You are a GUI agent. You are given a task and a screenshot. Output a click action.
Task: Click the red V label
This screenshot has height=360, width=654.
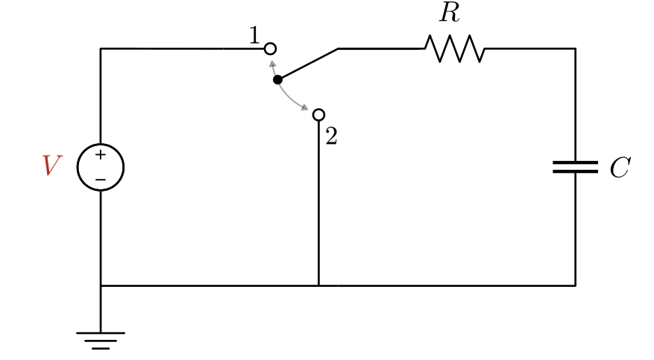[x=51, y=165]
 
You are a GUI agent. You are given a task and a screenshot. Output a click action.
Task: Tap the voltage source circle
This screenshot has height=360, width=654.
[x=101, y=167]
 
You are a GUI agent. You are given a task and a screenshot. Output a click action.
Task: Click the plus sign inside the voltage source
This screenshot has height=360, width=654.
[x=101, y=155]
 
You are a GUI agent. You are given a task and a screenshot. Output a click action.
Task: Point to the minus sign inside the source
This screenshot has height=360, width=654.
[x=101, y=179]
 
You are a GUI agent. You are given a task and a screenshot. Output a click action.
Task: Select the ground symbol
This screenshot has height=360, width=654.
[x=101, y=339]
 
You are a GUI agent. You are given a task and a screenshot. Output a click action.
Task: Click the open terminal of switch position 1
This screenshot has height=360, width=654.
[x=271, y=49]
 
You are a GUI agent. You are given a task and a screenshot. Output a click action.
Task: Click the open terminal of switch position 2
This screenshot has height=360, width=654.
[x=318, y=115]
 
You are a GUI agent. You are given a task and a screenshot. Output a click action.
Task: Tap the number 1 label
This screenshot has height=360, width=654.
[x=254, y=36]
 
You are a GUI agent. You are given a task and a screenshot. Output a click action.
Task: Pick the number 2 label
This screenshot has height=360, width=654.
[x=331, y=136]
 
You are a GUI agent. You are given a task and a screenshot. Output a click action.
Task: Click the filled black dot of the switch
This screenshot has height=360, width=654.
[x=277, y=79]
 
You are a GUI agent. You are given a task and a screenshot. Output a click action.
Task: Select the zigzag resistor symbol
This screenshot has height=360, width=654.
[x=455, y=49]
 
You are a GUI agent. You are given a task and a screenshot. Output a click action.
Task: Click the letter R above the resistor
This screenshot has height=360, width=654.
[x=449, y=13]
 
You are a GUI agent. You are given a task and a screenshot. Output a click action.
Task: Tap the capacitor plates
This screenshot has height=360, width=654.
[x=575, y=167]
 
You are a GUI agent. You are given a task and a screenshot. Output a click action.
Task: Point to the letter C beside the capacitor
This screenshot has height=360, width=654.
[x=619, y=168]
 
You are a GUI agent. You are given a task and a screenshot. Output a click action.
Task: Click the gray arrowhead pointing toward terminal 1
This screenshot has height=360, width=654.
[x=272, y=63]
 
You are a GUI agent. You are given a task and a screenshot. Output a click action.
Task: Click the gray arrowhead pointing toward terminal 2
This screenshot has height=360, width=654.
[x=305, y=108]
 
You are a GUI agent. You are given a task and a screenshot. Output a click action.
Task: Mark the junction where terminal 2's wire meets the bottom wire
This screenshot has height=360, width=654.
[x=318, y=285]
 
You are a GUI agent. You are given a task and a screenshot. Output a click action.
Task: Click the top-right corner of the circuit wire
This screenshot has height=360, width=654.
[x=575, y=49]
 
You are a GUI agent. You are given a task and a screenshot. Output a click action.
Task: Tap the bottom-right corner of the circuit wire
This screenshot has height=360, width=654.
[x=575, y=285]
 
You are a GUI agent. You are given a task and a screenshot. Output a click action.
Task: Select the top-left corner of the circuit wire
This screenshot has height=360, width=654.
[x=101, y=49]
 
